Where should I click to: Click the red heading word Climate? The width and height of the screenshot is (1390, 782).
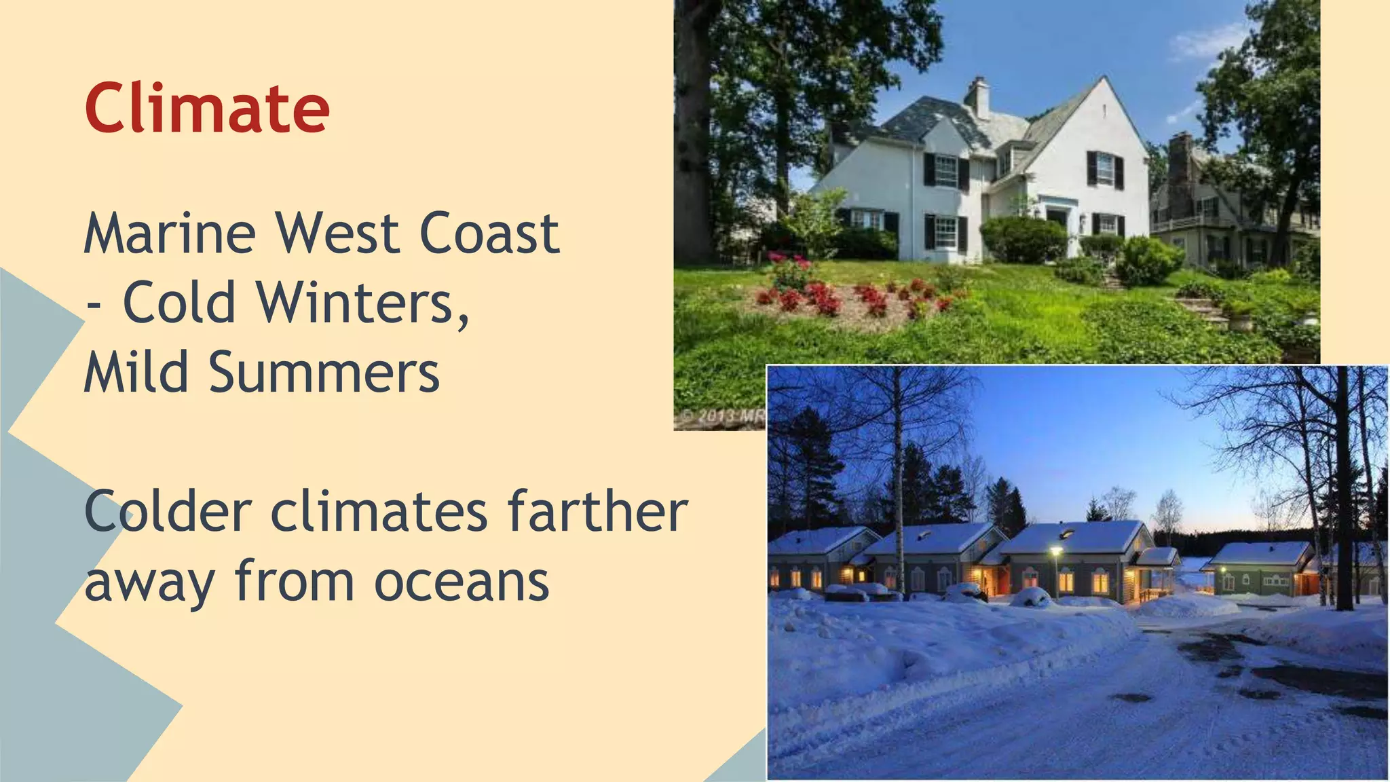pyautogui.click(x=207, y=108)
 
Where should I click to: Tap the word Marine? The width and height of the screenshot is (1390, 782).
pyautogui.click(x=170, y=234)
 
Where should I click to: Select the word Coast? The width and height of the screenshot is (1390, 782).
pyautogui.click(x=490, y=234)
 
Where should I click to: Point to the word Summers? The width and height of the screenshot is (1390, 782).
pyautogui.click(x=324, y=373)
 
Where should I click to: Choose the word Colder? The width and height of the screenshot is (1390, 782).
pyautogui.click(x=168, y=512)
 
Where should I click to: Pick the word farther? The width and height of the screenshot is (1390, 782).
pyautogui.click(x=597, y=512)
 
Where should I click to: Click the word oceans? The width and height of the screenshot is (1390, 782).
pyautogui.click(x=462, y=582)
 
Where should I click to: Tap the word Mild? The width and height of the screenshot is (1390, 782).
pyautogui.click(x=136, y=373)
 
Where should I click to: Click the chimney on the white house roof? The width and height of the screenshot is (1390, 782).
pyautogui.click(x=978, y=96)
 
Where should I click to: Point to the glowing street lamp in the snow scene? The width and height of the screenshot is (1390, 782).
pyautogui.click(x=1055, y=550)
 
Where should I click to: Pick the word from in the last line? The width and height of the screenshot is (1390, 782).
pyautogui.click(x=295, y=582)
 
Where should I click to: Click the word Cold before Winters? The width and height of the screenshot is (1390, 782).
pyautogui.click(x=179, y=303)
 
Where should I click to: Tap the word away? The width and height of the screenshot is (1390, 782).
pyautogui.click(x=150, y=582)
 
